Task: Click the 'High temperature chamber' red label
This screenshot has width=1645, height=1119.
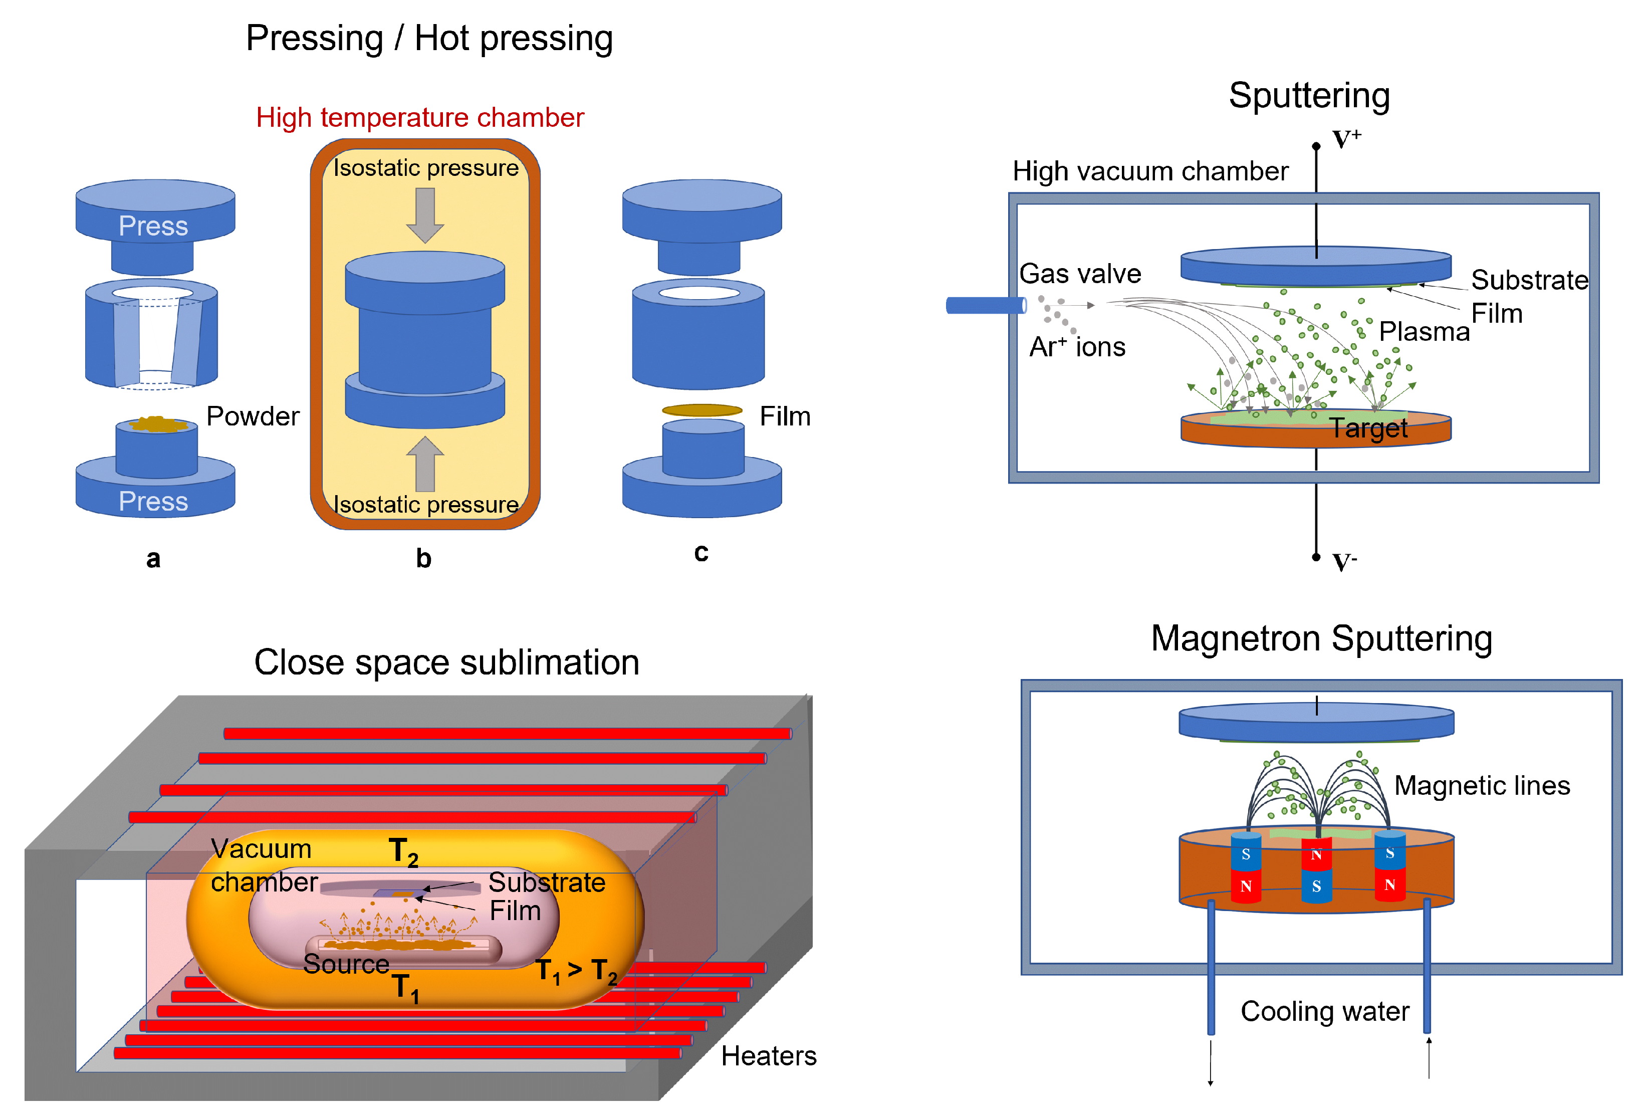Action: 420,117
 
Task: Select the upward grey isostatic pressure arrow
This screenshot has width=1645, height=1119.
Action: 425,464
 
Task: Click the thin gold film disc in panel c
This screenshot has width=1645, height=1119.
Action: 701,410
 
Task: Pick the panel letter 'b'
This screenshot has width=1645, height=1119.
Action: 423,558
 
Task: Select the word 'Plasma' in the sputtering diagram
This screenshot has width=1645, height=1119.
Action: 1424,331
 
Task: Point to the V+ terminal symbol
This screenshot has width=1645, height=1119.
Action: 1345,139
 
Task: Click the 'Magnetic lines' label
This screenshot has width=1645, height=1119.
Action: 1482,786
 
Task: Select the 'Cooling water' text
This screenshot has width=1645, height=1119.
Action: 1324,1011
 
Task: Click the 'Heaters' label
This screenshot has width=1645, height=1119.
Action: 768,1056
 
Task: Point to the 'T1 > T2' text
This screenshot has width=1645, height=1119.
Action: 576,971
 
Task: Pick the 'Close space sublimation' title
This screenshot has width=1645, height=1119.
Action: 446,663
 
